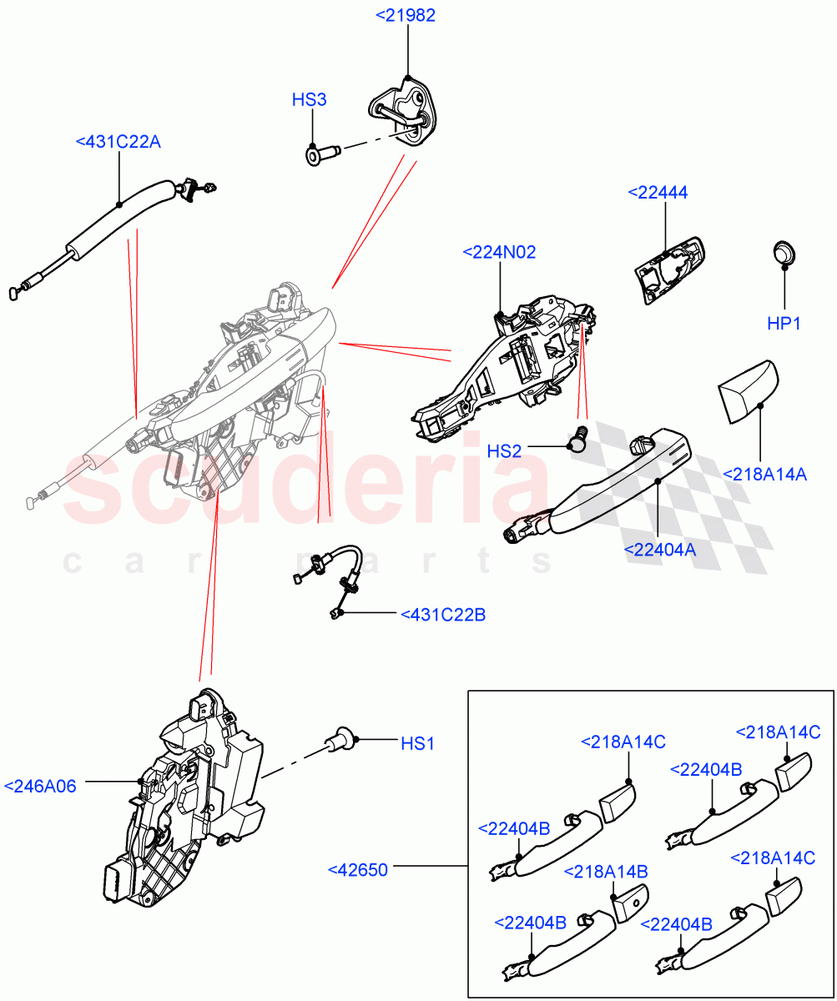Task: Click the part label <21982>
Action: (406, 15)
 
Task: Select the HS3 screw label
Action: (309, 100)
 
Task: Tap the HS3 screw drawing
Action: (321, 153)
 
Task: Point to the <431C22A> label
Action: (118, 142)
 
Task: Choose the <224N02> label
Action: (499, 251)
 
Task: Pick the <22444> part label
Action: (657, 193)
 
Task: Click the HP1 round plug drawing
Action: (784, 252)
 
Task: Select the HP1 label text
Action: (784, 323)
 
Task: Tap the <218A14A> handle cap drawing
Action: (748, 392)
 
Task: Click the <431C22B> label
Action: (442, 615)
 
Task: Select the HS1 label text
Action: (417, 742)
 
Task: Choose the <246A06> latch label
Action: (40, 786)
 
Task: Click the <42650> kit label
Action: (359, 870)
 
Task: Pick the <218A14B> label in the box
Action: (606, 871)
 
